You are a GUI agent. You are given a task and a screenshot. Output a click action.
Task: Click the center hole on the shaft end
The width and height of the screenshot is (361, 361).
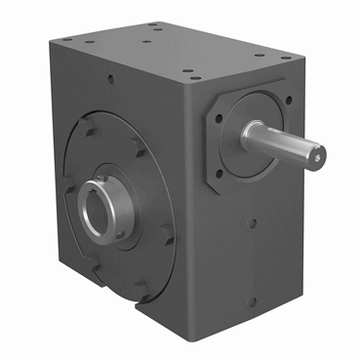click(x=319, y=152)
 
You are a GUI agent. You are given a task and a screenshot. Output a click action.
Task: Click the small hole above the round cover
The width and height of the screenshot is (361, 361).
click(x=111, y=83)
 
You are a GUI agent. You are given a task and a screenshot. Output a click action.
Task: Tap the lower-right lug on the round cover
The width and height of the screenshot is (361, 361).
click(x=169, y=234)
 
